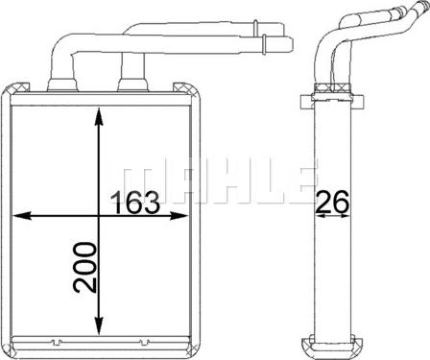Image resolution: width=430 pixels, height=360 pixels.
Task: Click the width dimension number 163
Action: (x=134, y=203)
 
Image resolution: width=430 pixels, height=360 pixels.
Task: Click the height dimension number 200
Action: (x=84, y=268)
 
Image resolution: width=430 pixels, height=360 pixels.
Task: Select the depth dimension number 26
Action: (x=332, y=202)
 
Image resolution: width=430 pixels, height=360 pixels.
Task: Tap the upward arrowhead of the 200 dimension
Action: (x=99, y=117)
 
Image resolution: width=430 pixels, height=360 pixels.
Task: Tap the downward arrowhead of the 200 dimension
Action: (x=99, y=325)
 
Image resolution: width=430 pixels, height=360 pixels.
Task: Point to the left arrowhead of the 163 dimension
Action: (x=22, y=216)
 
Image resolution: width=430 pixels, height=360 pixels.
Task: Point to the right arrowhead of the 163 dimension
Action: (x=178, y=216)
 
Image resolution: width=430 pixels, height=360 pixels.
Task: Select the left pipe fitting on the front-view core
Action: (x=62, y=84)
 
